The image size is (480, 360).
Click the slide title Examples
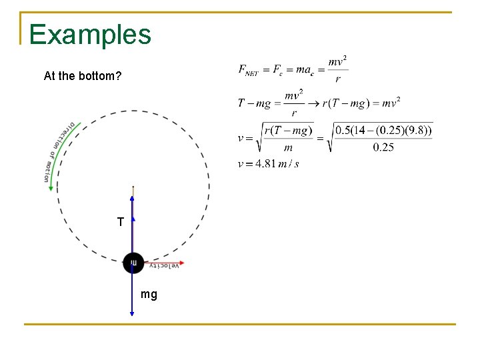[x=90, y=35]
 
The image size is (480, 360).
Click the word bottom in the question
[x=102, y=76]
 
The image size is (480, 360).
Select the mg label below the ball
[x=149, y=294]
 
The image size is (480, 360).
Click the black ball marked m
[x=133, y=263]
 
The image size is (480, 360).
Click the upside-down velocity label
[x=163, y=265]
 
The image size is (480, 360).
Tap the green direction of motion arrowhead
[x=51, y=187]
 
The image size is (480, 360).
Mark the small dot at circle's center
[x=133, y=187]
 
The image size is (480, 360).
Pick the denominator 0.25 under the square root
[x=383, y=147]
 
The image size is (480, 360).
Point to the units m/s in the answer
[x=289, y=163]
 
